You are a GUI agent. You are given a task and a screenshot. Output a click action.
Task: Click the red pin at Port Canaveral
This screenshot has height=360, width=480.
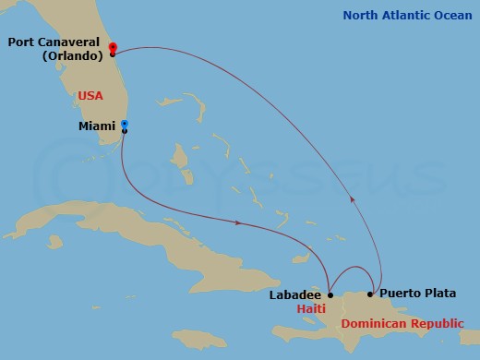(x=112, y=47)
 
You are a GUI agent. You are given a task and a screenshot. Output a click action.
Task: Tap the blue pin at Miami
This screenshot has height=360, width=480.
(x=124, y=125)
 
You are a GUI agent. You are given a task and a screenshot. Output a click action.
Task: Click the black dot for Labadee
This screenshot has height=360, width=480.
(x=330, y=295)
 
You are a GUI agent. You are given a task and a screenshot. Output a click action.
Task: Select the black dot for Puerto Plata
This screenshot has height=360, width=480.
(x=370, y=294)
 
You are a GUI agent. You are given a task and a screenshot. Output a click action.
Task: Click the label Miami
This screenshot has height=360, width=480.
(x=97, y=126)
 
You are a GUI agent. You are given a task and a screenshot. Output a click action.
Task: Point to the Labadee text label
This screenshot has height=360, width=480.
(x=295, y=295)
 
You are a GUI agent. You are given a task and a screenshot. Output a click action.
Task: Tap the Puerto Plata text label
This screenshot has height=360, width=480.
(x=418, y=294)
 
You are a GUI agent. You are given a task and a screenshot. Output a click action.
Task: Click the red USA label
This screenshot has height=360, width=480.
(x=90, y=95)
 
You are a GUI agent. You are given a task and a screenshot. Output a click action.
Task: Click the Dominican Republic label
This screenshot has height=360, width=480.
(x=397, y=324)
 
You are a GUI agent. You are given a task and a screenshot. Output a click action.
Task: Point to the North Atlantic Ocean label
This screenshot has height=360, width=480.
(x=408, y=15)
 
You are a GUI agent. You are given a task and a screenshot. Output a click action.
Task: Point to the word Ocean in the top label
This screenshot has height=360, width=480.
(x=453, y=15)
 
